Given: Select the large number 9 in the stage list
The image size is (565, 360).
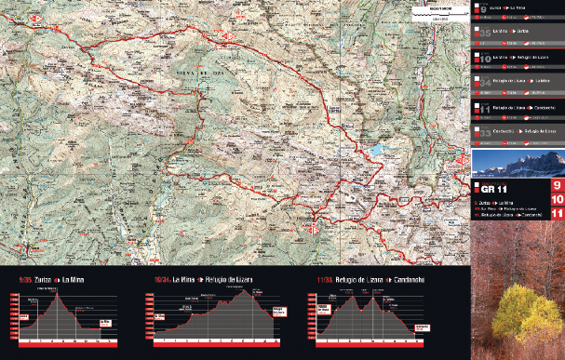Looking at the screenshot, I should (x=483, y=10).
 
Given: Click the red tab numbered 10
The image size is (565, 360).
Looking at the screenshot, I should (x=555, y=200).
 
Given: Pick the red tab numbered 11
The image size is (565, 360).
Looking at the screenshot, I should (x=555, y=214).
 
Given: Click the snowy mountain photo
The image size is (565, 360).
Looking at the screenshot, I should (x=518, y=165).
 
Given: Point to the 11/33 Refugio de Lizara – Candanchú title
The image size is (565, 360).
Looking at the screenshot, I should (x=356, y=277).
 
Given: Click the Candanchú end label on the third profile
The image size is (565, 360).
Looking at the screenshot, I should (x=422, y=327).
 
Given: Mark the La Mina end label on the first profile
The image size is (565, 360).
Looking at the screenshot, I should (x=108, y=322).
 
